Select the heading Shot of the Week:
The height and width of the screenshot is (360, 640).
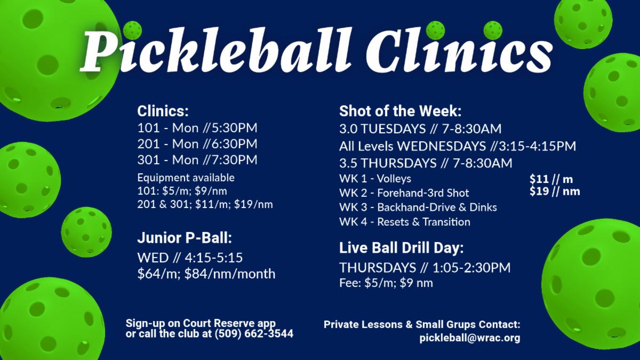(401, 111)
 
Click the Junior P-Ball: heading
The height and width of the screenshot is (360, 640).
(185, 238)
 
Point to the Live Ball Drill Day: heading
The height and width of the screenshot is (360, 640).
(402, 247)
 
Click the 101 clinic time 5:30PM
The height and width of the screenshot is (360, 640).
(234, 128)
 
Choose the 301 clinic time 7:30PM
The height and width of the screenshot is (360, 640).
(234, 160)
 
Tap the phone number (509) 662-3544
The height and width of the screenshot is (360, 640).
(254, 334)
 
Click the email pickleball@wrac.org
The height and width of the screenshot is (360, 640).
(470, 338)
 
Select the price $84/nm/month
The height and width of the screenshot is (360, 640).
(230, 274)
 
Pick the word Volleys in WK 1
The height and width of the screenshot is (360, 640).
(394, 179)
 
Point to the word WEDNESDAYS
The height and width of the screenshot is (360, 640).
(442, 146)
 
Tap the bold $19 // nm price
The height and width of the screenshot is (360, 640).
(555, 191)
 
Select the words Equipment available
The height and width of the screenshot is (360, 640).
(186, 178)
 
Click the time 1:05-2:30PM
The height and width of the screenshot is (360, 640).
(471, 268)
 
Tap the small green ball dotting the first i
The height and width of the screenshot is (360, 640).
(132, 30)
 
